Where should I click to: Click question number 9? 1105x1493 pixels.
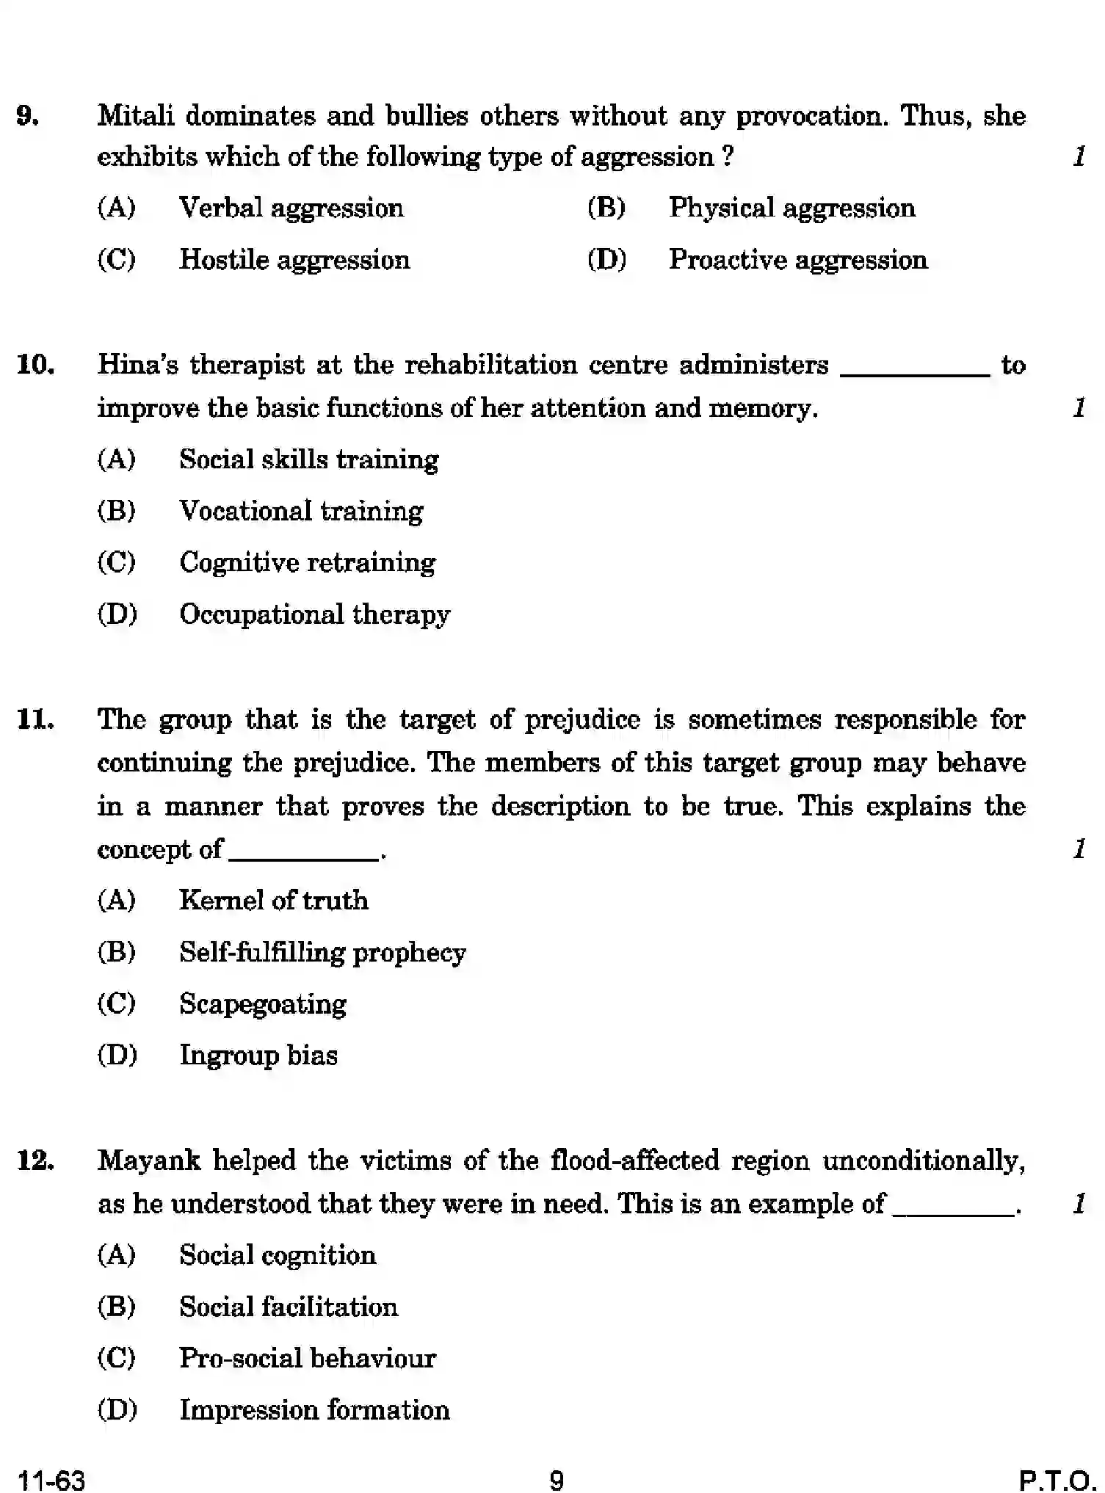tap(28, 117)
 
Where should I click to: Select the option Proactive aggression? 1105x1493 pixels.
tap(797, 261)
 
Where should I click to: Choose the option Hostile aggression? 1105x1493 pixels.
tap(294, 261)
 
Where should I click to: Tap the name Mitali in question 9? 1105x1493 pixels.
tap(135, 116)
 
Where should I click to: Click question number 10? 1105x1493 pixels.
tap(35, 365)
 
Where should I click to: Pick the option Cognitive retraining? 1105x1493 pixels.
tap(307, 563)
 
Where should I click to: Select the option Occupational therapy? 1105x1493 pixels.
tap(314, 615)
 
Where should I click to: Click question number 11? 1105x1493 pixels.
tap(35, 720)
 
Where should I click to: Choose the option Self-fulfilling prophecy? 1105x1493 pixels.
tap(322, 953)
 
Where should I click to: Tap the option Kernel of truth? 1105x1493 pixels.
tap(273, 901)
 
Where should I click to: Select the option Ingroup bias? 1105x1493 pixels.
tap(258, 1056)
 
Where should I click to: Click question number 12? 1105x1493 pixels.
tap(35, 1161)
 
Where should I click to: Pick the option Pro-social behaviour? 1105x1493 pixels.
tap(307, 1359)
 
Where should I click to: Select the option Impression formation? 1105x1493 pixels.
tap(314, 1411)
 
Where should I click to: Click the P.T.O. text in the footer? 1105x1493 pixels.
tap(1057, 1479)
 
